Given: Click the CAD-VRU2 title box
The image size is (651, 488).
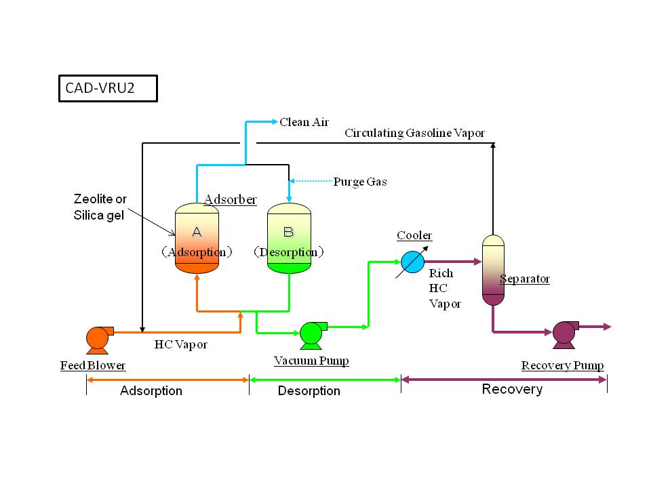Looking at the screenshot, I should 108,88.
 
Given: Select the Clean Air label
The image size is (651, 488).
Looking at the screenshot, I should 304,122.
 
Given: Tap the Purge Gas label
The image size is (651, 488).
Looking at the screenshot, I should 360,182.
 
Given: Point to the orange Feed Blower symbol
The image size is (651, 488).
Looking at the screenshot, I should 98,338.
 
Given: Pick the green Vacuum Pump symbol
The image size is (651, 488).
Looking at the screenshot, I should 311,333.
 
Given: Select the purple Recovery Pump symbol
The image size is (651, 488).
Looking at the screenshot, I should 564,333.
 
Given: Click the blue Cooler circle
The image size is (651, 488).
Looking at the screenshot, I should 411,262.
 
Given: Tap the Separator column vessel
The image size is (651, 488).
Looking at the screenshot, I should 493,270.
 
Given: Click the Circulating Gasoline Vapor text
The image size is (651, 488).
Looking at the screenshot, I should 414,133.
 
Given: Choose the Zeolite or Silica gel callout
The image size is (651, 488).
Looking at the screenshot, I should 100,207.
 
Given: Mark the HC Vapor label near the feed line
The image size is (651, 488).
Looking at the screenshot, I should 180,344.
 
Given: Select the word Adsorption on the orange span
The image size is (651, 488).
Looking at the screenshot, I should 151,391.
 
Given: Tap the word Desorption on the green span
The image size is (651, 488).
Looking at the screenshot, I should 309,391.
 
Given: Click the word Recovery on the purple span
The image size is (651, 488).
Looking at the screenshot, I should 512,389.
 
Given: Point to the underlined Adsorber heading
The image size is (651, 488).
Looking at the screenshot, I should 231,199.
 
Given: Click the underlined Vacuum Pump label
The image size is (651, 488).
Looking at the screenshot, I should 311,361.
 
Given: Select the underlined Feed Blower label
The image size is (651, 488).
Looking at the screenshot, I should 93,365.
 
